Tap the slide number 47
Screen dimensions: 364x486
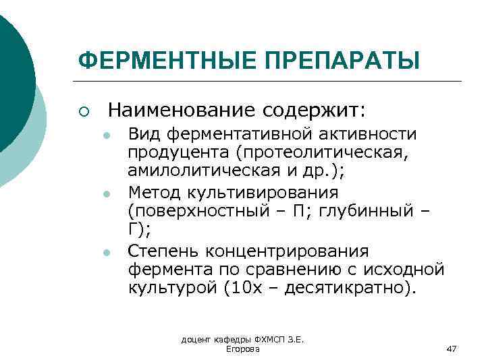(x=452, y=348)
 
